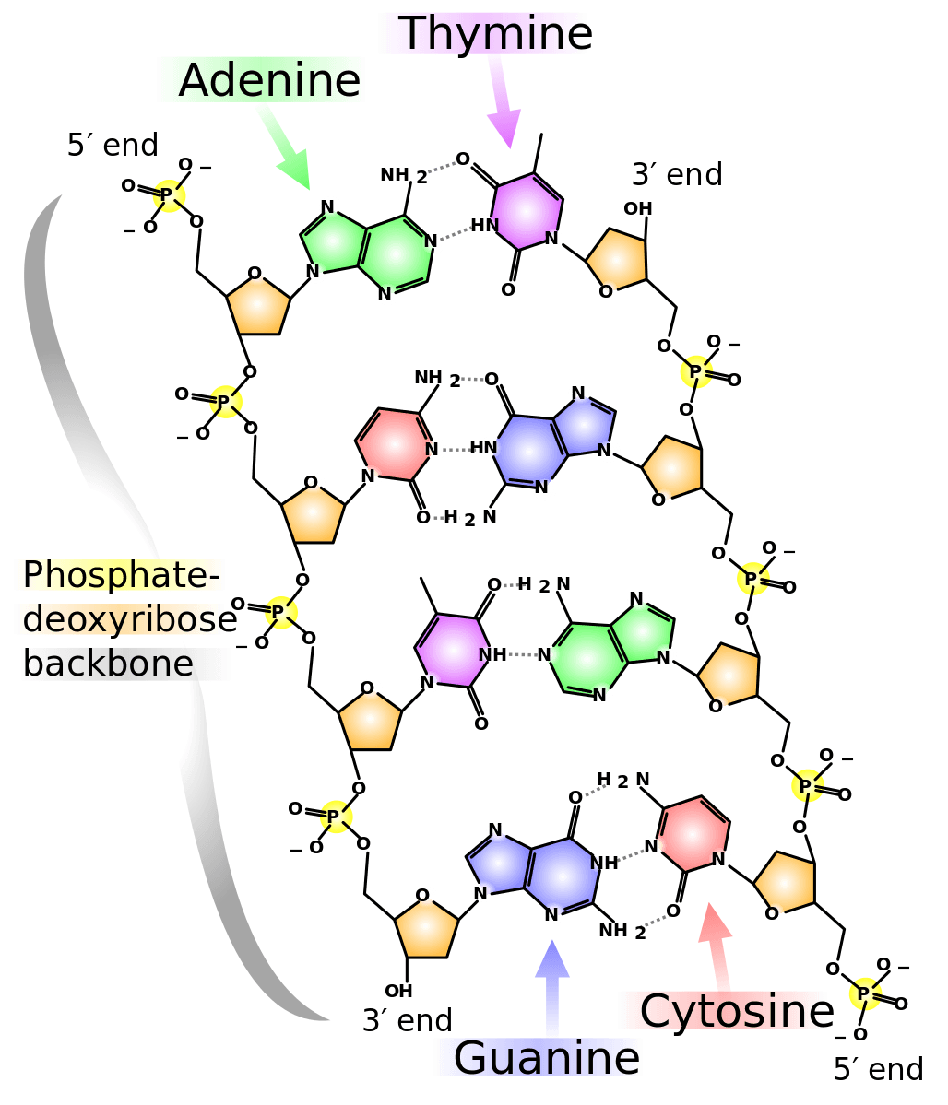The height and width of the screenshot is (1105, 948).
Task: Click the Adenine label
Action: [267, 80]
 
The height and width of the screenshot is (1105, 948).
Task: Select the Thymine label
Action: [494, 34]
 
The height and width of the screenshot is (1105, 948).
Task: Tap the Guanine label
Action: [545, 1057]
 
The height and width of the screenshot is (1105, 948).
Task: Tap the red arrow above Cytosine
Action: [717, 945]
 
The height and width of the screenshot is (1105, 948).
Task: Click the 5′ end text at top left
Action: [113, 145]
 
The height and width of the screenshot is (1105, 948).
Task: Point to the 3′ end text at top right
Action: [676, 174]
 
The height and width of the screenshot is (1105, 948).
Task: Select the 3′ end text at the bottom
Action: [407, 1020]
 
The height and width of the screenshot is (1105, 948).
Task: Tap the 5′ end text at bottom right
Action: [877, 1069]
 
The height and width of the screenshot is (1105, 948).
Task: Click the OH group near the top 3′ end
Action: [637, 208]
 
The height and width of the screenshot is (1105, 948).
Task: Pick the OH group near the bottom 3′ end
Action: [398, 991]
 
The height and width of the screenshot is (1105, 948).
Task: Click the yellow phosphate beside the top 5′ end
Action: [168, 195]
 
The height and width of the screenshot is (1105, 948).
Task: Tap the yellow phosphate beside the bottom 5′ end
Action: [864, 994]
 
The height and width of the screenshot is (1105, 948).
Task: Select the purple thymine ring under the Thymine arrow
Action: [525, 211]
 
